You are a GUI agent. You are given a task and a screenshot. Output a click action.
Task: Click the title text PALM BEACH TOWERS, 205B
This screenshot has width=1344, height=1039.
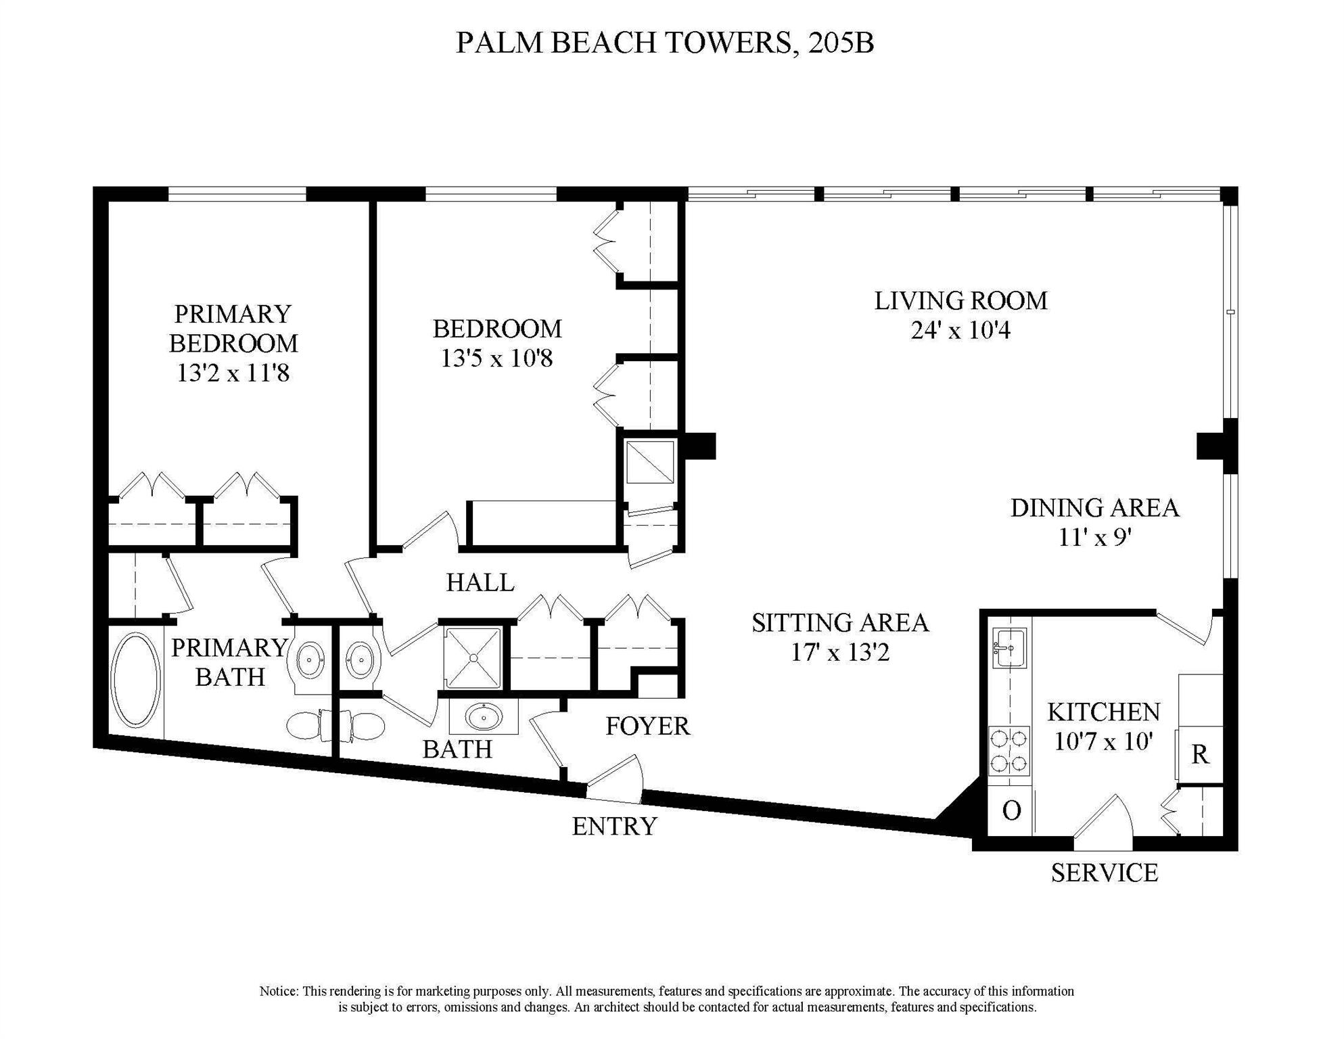click(x=665, y=43)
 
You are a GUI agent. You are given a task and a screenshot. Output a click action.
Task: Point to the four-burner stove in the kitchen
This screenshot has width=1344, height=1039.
click(x=1009, y=751)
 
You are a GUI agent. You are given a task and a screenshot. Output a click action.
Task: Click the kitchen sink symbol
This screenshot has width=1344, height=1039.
click(x=1009, y=647)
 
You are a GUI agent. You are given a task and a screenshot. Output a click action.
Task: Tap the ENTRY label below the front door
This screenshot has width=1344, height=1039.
click(x=614, y=827)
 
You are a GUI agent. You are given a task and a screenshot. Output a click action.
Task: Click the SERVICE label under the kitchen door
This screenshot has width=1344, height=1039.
click(x=1104, y=873)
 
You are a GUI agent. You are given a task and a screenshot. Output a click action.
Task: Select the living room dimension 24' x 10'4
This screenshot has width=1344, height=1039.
click(x=960, y=331)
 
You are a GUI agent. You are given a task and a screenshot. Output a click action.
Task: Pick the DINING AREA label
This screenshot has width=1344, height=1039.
click(x=1094, y=508)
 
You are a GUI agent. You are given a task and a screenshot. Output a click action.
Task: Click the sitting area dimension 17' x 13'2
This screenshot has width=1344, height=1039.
click(x=840, y=653)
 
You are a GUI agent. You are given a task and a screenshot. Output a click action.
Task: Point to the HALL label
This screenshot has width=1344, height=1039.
click(x=480, y=582)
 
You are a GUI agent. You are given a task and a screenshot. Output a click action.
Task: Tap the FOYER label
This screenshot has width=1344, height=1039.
click(x=647, y=726)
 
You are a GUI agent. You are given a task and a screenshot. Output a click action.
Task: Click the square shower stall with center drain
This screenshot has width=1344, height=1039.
click(x=473, y=658)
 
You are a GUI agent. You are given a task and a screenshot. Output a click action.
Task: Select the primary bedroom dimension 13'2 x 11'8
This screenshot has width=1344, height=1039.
click(x=233, y=373)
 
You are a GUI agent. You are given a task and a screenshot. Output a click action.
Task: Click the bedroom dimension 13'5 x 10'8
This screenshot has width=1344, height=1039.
click(x=496, y=359)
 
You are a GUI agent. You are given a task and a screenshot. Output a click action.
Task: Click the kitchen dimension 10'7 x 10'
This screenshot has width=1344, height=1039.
click(x=1103, y=742)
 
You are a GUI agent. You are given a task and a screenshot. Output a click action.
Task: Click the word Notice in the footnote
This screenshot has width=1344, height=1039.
click(x=278, y=992)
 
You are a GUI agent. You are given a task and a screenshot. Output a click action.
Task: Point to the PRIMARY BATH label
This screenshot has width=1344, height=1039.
click(x=229, y=662)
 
